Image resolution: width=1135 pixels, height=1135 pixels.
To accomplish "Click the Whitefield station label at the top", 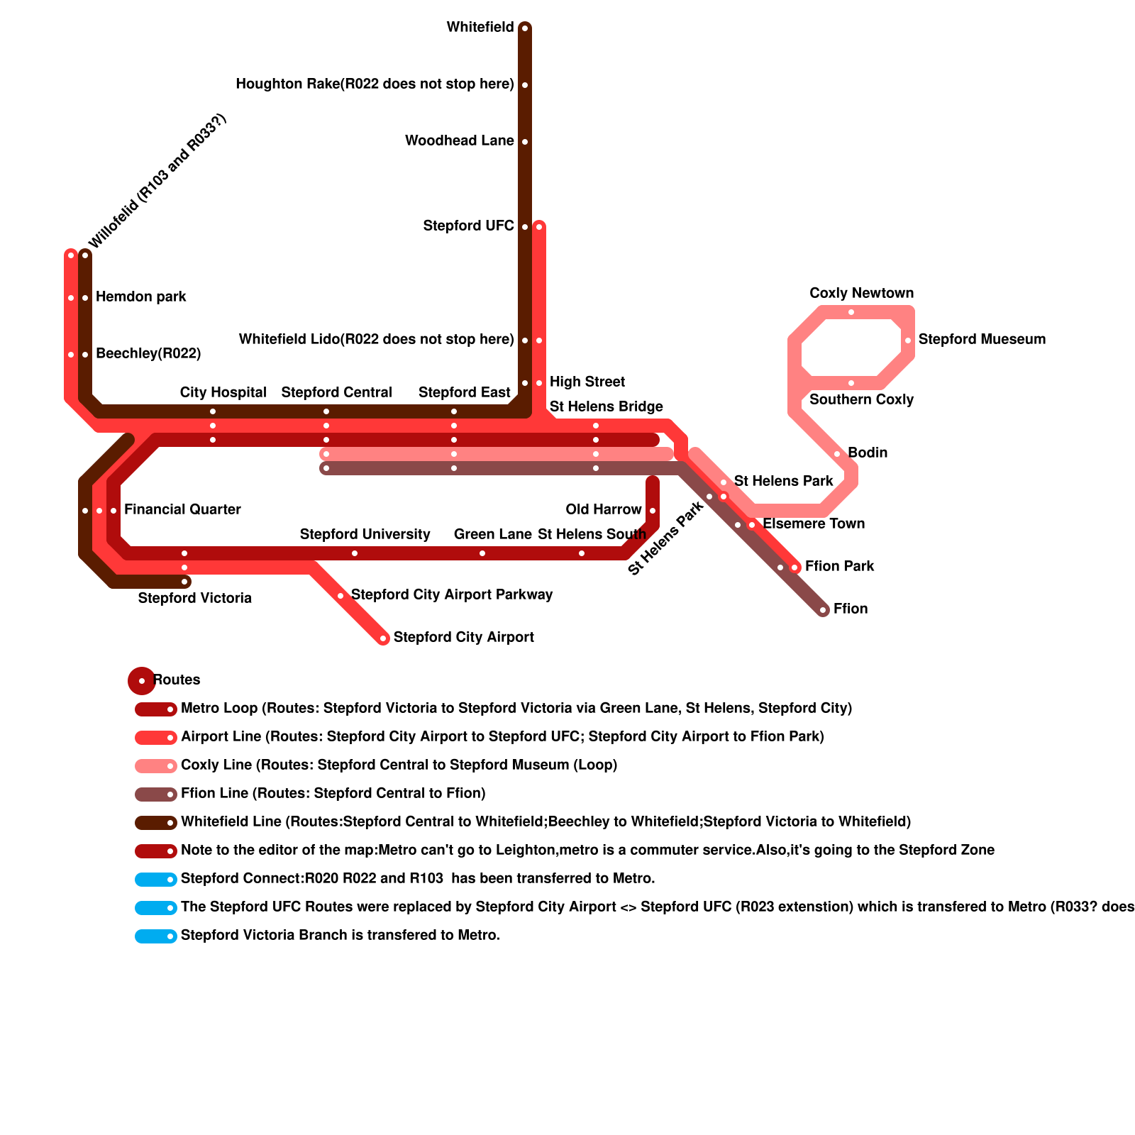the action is point(480,28).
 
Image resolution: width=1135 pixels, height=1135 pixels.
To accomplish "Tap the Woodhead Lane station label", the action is point(459,141).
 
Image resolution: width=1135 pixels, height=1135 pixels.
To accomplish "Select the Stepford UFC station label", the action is point(468,226).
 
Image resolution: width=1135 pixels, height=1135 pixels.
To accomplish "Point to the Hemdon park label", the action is point(140,297).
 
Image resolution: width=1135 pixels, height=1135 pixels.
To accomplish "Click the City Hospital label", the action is point(223,393).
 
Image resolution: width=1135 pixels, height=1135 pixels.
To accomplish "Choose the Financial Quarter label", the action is point(182,510).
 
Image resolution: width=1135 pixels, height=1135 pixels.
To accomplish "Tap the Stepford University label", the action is point(365,535).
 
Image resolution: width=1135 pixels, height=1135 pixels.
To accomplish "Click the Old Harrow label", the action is point(603,510).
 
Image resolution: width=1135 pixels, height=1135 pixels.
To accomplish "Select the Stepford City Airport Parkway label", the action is point(451,595).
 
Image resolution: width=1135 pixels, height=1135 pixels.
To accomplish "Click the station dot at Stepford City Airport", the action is point(383,638).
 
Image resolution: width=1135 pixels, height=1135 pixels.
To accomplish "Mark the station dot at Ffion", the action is point(823,610).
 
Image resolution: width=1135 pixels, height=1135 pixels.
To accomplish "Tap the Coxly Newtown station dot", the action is point(851,312).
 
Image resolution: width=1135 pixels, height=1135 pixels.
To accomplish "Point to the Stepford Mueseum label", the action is point(982,340).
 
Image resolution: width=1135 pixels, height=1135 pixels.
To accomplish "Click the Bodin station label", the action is point(867,453).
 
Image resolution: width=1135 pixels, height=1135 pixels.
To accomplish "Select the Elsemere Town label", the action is point(813,524).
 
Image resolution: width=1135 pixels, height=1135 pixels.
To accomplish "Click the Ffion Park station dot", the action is point(794,567).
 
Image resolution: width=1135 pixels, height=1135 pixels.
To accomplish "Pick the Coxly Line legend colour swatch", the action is point(155,765).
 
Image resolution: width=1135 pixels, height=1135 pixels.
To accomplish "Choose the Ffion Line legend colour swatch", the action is point(155,794).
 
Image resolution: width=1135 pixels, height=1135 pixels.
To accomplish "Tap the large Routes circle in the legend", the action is point(142,680).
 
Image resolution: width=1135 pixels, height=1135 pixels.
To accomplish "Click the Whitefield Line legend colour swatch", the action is point(155,822).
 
